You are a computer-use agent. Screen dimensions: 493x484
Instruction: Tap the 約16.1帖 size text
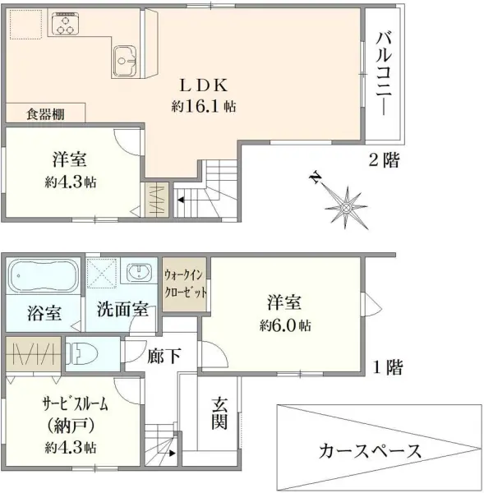[x=205, y=107]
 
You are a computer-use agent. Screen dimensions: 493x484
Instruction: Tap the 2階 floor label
[x=383, y=162]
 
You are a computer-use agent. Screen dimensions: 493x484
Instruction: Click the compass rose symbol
[x=348, y=201]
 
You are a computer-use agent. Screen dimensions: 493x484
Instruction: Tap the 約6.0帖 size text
[x=283, y=325]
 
